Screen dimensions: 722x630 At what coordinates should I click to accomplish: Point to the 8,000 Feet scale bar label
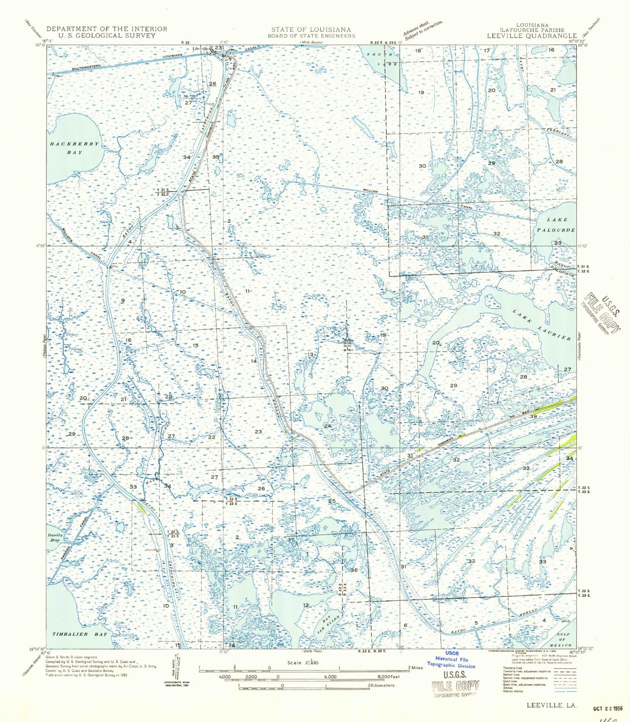(384, 677)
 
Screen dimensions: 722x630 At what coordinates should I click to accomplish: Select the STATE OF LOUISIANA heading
(311, 30)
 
